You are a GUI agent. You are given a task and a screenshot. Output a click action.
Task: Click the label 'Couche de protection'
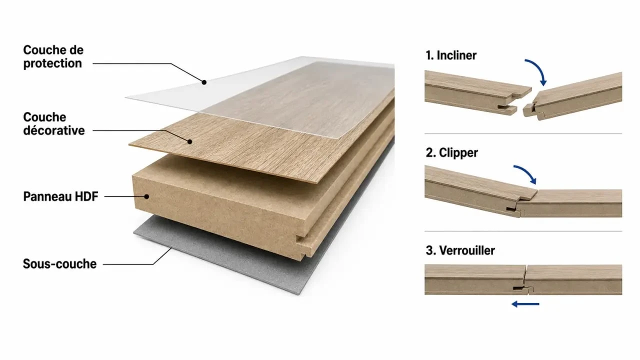tap(53, 56)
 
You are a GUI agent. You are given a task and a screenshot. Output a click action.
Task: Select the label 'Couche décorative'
tap(54, 123)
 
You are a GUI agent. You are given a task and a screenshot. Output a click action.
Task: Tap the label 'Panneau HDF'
tap(60, 196)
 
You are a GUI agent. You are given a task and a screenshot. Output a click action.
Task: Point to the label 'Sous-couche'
tap(59, 263)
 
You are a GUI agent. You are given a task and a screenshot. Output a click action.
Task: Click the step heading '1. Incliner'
tap(451, 55)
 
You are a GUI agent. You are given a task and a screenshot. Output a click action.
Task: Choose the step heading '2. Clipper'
tap(451, 153)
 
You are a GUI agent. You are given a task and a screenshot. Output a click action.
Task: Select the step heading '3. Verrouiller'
tap(460, 250)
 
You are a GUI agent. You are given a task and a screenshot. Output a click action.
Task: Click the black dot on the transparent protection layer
tap(204, 82)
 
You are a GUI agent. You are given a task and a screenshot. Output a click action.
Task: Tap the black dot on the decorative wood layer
tap(189, 141)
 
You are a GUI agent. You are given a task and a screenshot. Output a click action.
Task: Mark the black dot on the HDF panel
tap(146, 196)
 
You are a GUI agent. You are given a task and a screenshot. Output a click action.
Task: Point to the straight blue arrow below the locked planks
tap(525, 304)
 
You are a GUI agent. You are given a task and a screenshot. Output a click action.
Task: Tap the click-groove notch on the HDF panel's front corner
tap(303, 243)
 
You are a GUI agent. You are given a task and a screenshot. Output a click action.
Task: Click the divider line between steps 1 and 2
tap(523, 133)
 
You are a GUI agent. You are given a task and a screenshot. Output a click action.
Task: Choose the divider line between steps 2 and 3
tap(523, 231)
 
